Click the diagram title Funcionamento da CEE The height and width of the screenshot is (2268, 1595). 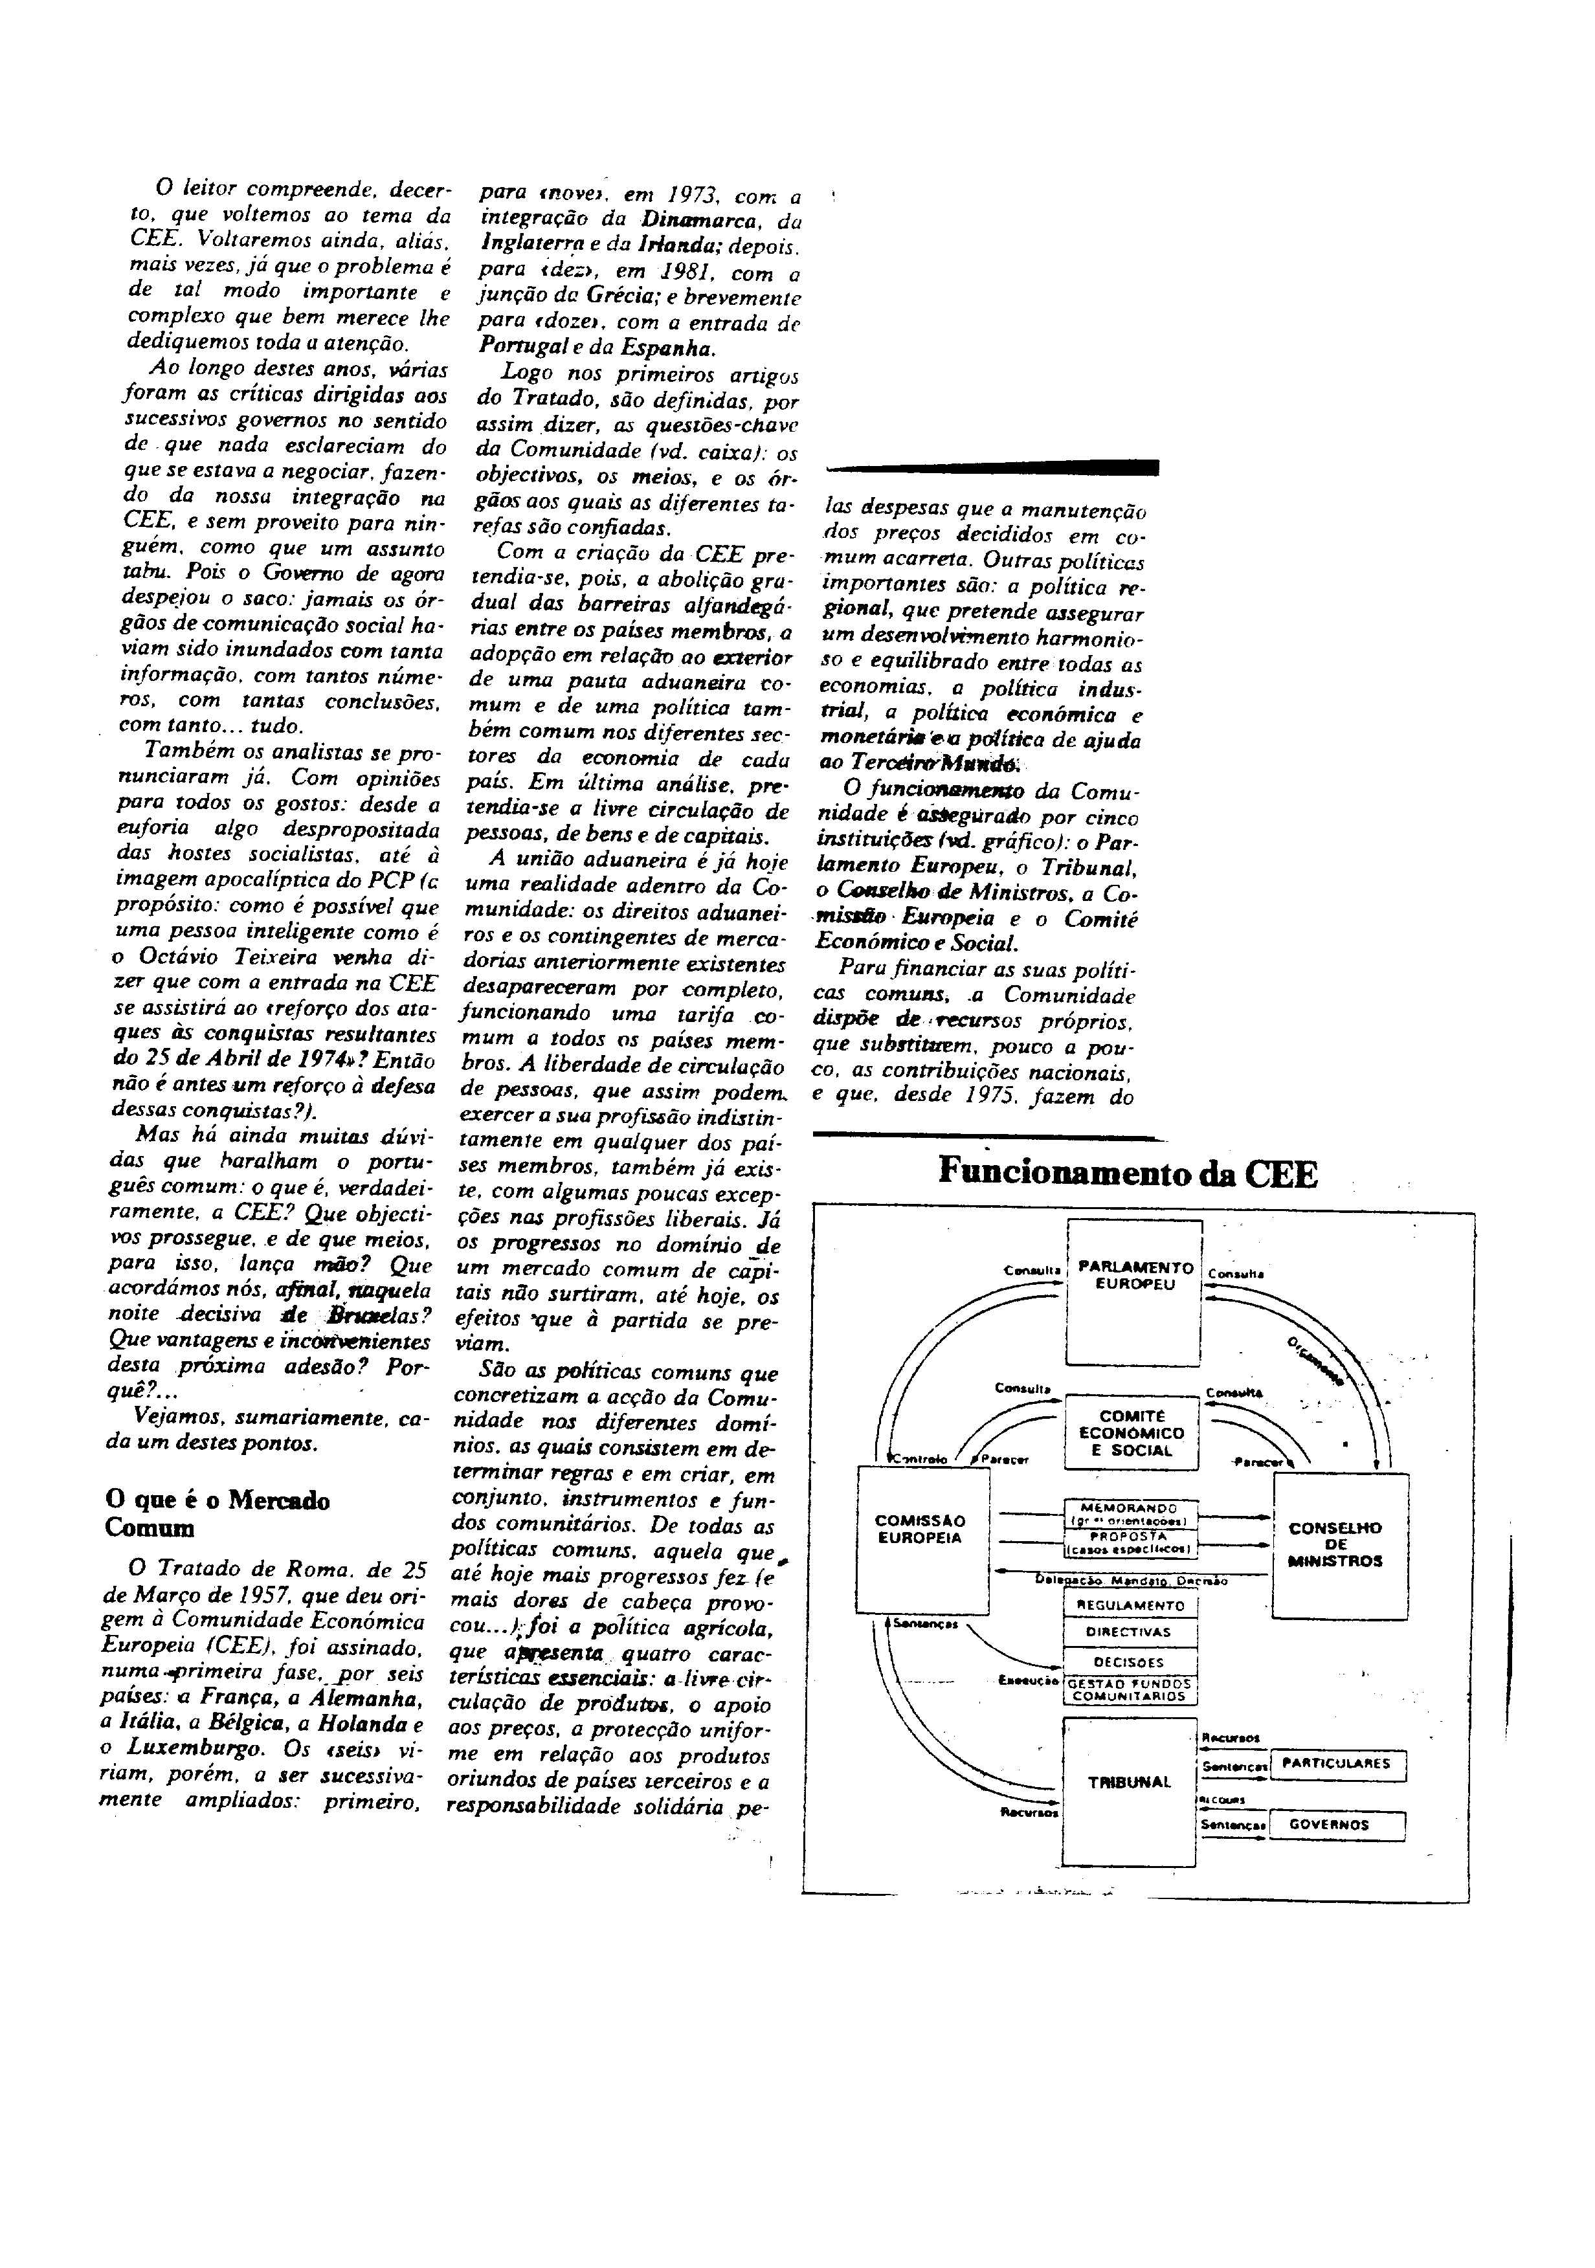click(x=1127, y=1173)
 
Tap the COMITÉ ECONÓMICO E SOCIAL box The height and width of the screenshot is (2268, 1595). click(x=1131, y=1433)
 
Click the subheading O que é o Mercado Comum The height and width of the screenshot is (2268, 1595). click(x=217, y=1515)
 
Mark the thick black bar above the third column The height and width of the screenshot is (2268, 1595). click(x=992, y=467)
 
